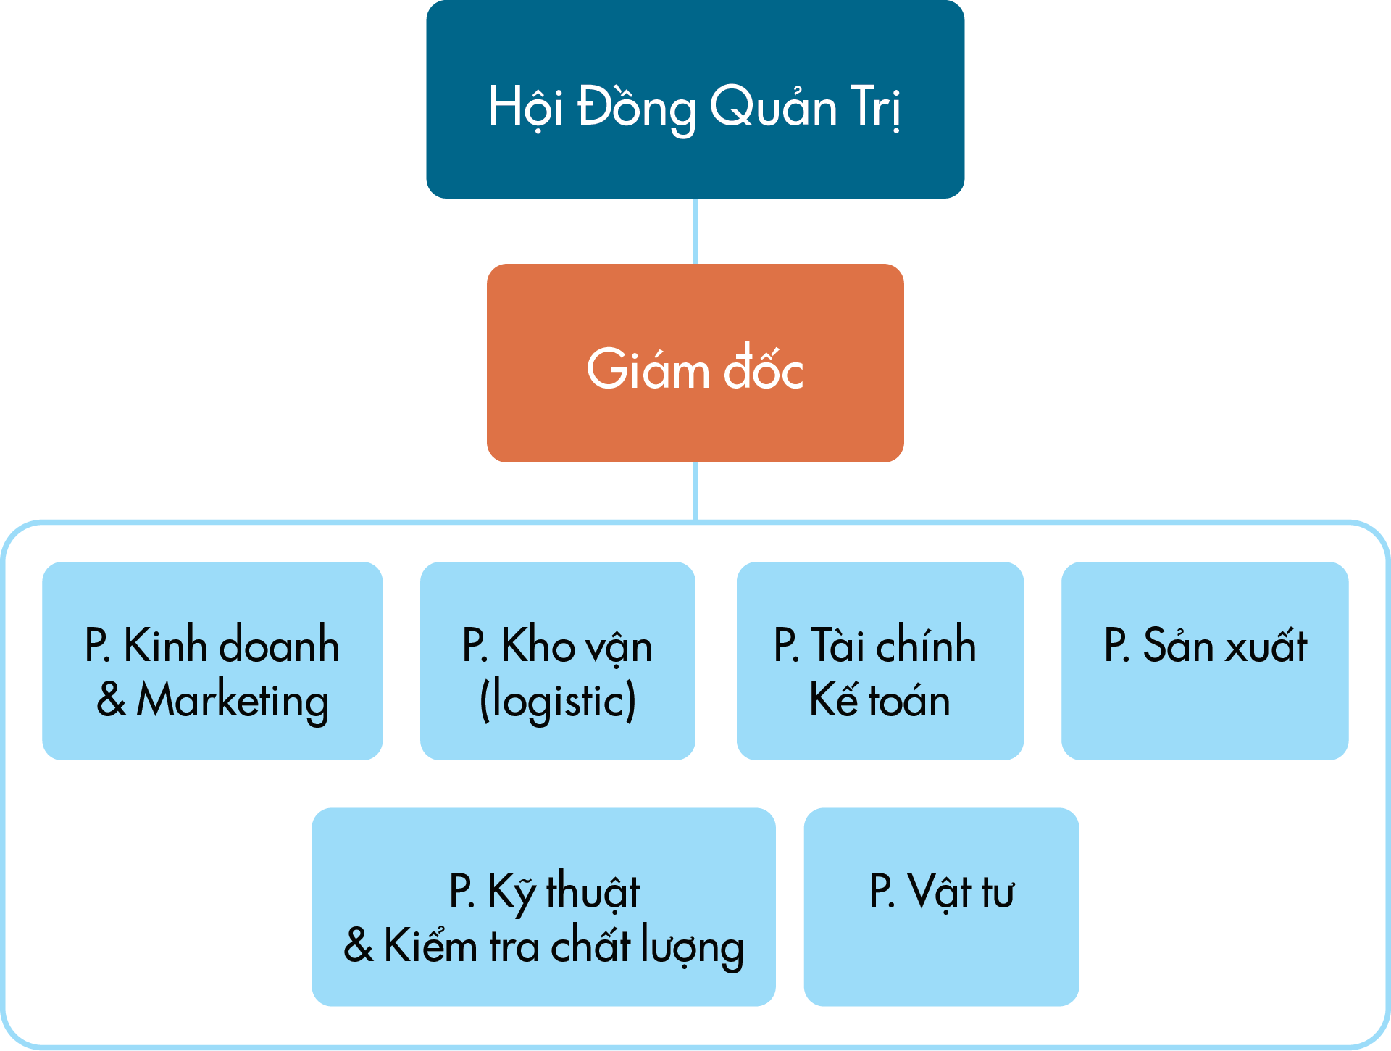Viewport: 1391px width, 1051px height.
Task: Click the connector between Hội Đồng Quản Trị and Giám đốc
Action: click(695, 230)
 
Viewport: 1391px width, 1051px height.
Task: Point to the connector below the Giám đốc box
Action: click(695, 491)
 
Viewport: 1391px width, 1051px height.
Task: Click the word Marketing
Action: click(233, 701)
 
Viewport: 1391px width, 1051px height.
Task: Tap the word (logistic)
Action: click(558, 701)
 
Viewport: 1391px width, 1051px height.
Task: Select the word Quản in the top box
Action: click(773, 107)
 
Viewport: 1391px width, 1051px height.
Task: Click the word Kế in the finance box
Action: click(834, 699)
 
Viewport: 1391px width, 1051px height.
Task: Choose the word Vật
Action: click(940, 892)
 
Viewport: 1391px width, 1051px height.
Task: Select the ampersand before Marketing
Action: click(112, 701)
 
